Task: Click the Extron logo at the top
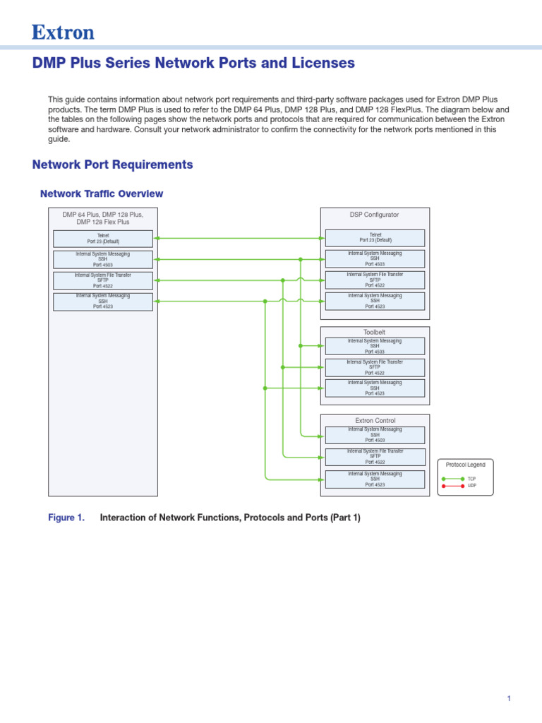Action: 63,32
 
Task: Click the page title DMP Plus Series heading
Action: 193,63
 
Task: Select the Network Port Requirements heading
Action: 112,165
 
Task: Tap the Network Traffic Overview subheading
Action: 102,193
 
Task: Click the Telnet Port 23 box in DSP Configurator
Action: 375,238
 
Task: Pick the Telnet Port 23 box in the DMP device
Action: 103,238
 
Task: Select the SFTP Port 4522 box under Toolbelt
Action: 375,367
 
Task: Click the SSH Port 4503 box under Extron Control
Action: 375,435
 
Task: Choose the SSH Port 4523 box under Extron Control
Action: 375,479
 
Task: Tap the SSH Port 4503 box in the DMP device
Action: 103,259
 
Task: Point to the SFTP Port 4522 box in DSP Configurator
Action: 375,280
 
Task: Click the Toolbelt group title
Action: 375,332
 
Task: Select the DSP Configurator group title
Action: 375,214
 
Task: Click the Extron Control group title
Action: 375,420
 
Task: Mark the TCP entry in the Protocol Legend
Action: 471,479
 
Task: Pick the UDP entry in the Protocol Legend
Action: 471,486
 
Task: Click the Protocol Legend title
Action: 466,464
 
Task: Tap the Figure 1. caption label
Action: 66,518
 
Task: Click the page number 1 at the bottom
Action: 508,699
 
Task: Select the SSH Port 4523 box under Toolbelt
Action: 375,388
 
